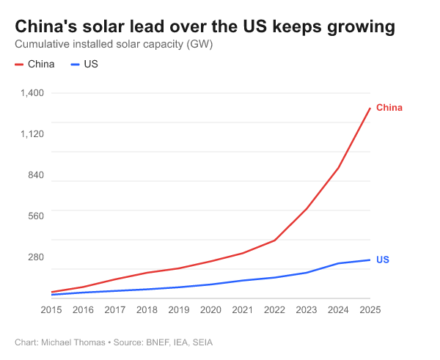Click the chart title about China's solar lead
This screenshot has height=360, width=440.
[x=205, y=27]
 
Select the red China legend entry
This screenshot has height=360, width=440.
[x=34, y=64]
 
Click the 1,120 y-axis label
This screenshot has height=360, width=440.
[x=33, y=134]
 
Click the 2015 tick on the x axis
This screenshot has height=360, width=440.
[x=51, y=309]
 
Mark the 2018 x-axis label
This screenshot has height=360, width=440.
[x=147, y=309]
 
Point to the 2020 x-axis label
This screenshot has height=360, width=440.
[x=210, y=309]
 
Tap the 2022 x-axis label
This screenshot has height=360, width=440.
[x=274, y=309]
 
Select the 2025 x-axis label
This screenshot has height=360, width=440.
[x=370, y=309]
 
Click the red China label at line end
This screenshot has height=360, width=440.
[x=389, y=108]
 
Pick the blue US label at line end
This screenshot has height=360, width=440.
[x=382, y=260]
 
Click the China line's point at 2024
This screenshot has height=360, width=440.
[x=338, y=168]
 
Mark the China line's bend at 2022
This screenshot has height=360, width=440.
[x=274, y=240]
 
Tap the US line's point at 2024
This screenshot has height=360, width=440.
[x=338, y=263]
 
